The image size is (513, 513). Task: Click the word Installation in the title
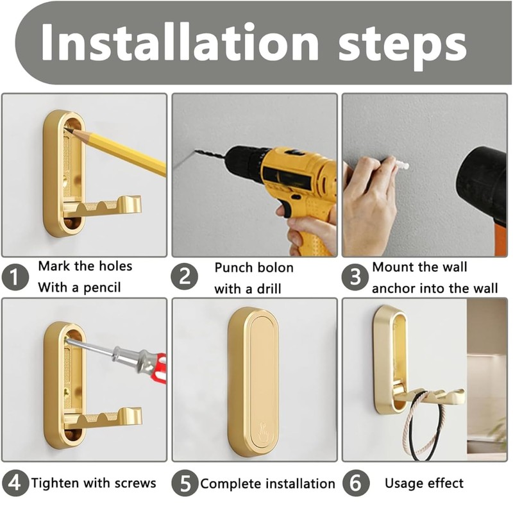pyautogui.click(x=180, y=42)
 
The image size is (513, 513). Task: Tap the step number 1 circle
pyautogui.click(x=15, y=277)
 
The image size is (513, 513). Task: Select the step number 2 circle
pyautogui.click(x=185, y=277)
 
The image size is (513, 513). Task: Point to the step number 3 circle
pyautogui.click(x=355, y=277)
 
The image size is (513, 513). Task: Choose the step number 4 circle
pyautogui.click(x=14, y=483)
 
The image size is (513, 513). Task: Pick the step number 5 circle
pyautogui.click(x=185, y=484)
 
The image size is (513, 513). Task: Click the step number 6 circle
pyautogui.click(x=356, y=484)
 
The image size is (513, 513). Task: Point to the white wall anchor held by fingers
pyautogui.click(x=402, y=165)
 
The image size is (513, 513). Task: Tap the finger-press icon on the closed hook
pyautogui.click(x=264, y=432)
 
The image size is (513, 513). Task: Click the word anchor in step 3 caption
pyautogui.click(x=394, y=289)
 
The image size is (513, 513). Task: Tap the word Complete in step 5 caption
pyautogui.click(x=231, y=484)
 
